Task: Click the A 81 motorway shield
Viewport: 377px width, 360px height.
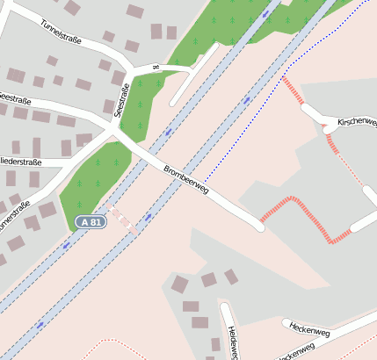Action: (90, 223)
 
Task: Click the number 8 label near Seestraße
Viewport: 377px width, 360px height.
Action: (156, 66)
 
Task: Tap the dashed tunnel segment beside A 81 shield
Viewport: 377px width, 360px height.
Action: (123, 220)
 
